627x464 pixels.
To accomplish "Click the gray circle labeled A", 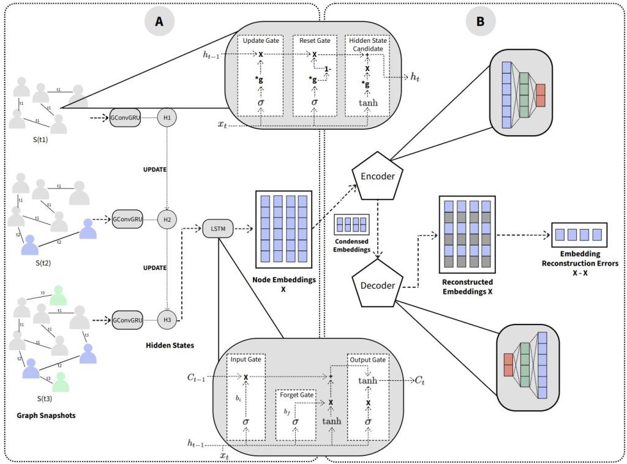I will tap(159, 21).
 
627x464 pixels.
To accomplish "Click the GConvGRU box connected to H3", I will tap(127, 320).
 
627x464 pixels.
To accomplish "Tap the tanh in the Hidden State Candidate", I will tap(368, 103).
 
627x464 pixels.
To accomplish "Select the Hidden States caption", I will tap(170, 346).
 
